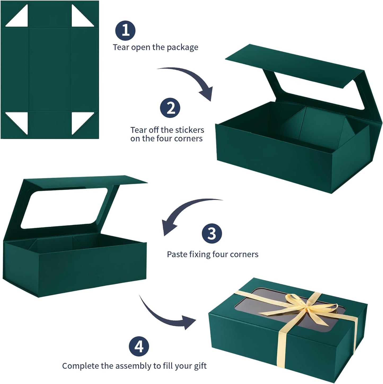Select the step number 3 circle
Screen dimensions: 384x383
[212, 233]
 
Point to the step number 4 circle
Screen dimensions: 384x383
[139, 346]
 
